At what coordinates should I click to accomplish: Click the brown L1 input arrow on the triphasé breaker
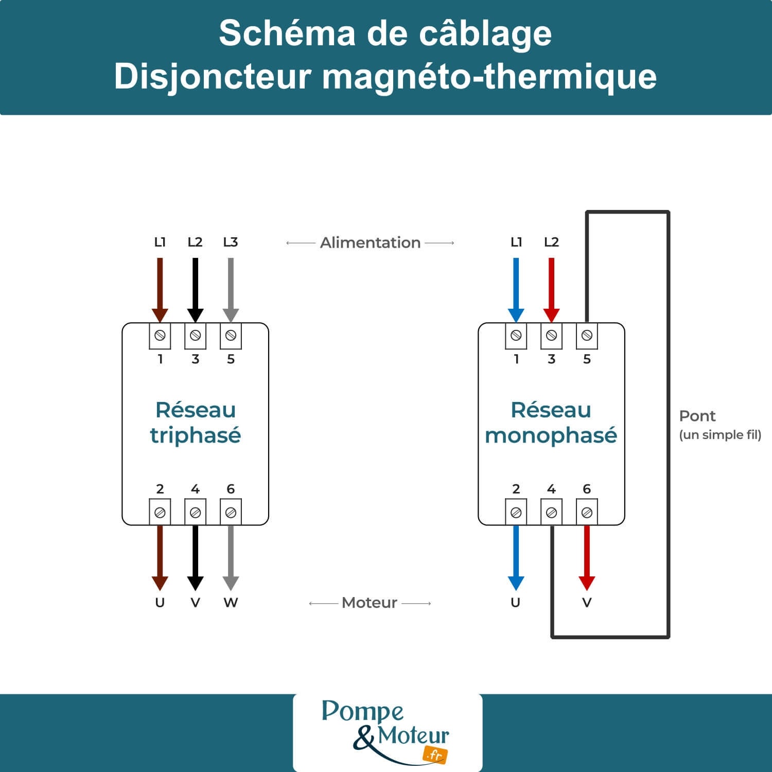(160, 288)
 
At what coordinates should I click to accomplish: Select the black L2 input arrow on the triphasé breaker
(195, 288)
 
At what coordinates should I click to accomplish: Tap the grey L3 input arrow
(231, 288)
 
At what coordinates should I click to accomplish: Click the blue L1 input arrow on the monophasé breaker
(516, 288)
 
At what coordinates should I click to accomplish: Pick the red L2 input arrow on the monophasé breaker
(551, 288)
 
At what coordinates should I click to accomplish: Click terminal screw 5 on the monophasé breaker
(587, 336)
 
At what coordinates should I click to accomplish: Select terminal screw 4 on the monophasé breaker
(551, 513)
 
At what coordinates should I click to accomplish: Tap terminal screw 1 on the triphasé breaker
(160, 336)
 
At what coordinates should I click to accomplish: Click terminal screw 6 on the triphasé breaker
(231, 513)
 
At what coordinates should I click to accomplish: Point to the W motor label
(231, 603)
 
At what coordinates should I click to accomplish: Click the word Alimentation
(370, 242)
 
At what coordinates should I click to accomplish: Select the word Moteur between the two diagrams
(370, 603)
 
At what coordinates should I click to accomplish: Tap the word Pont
(697, 416)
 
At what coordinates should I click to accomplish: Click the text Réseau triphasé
(195, 423)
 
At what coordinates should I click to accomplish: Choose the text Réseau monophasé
(551, 423)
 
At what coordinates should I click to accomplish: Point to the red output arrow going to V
(587, 556)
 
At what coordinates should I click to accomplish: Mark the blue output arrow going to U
(516, 556)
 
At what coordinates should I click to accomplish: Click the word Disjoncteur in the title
(213, 77)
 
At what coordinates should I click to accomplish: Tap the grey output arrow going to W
(231, 556)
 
